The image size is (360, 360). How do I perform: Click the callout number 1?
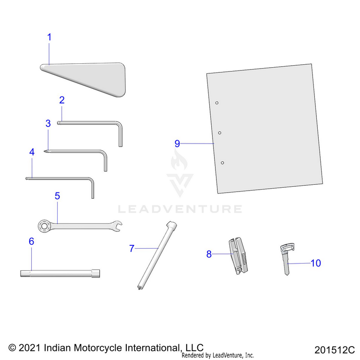pos(49,37)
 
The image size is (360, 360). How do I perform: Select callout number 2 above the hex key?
pos(62,100)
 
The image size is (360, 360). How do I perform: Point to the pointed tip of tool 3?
pos(44,151)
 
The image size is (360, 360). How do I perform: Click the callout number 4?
pos(32,152)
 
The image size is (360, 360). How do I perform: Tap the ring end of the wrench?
pos(44,227)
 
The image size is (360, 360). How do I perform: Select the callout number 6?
pos(32,241)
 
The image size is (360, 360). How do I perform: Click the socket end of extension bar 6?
pos(96,273)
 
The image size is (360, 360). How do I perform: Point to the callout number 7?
pos(132,249)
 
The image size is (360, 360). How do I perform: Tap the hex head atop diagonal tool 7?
pos(171,224)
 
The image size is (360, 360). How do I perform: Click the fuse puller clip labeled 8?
pos(238,256)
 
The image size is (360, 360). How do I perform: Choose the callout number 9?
pos(177,144)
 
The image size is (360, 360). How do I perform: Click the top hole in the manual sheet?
pos(217,103)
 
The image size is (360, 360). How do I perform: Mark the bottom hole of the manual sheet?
pos(222,163)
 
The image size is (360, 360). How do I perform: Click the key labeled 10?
pos(287,259)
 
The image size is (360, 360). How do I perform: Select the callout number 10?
pos(316,263)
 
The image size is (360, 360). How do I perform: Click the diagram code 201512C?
pos(335,350)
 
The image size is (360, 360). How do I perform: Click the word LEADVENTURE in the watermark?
pos(180,209)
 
